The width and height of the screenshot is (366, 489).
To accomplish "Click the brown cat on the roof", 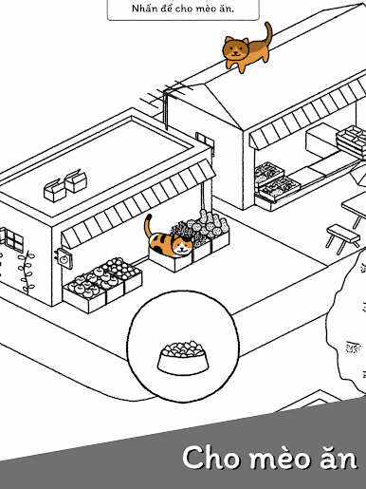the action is (247, 50).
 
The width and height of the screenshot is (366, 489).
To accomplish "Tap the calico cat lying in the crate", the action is (169, 242).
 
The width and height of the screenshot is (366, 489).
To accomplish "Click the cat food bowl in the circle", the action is (183, 357).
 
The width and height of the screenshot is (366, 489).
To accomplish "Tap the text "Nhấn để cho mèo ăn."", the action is (183, 9).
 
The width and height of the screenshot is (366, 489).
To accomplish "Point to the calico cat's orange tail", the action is (148, 225).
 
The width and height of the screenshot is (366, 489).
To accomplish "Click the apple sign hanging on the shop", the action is (64, 258).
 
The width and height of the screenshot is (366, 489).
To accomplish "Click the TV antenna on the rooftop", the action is (166, 97).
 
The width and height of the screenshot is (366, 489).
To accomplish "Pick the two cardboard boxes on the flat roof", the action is (65, 185).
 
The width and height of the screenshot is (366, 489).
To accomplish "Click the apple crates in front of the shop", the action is (102, 284).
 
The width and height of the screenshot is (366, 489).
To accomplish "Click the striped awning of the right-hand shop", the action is (308, 113).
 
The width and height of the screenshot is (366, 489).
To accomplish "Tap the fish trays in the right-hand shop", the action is (276, 181).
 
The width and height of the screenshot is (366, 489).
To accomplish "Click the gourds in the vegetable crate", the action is (215, 224).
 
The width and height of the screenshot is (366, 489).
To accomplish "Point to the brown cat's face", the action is (235, 49).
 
